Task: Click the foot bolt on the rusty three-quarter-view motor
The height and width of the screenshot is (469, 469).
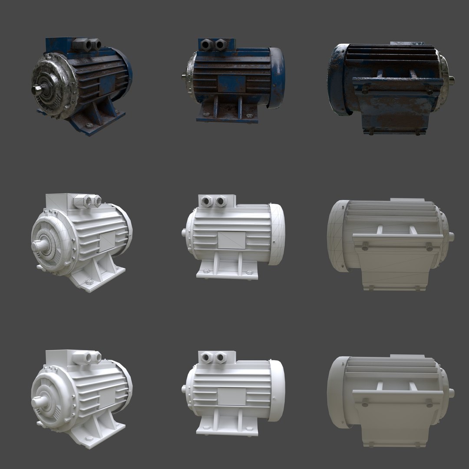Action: (89, 126)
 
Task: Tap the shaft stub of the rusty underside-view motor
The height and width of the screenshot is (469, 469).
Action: (452, 79)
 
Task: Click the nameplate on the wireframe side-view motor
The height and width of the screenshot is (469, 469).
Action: (231, 240)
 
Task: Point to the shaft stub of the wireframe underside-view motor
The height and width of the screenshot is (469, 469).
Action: (452, 237)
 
